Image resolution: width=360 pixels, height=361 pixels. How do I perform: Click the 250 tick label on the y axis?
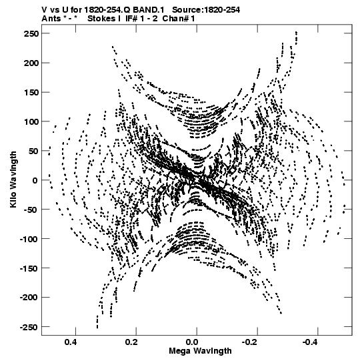[x=31, y=33]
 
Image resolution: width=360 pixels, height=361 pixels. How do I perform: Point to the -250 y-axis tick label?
[x=29, y=327]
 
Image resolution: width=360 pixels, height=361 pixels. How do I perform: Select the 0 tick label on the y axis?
[x=35, y=180]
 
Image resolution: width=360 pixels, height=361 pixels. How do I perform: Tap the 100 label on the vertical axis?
[x=31, y=121]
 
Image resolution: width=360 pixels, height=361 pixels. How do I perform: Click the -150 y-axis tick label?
[x=29, y=268]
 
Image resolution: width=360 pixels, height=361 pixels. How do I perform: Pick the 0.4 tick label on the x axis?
[x=71, y=342]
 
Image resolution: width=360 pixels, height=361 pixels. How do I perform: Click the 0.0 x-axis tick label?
[x=192, y=342]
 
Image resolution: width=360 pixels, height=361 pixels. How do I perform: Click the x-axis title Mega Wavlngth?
[x=200, y=350]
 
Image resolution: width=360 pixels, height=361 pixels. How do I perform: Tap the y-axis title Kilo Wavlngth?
[x=13, y=179]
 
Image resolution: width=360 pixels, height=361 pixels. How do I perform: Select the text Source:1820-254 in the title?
[x=206, y=9]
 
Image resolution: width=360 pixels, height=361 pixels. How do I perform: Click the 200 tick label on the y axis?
[x=31, y=63]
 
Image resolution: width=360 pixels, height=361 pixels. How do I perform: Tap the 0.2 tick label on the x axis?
[x=131, y=342]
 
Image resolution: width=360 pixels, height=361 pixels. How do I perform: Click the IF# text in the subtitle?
[x=131, y=19]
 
